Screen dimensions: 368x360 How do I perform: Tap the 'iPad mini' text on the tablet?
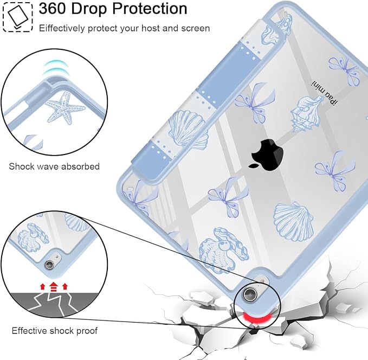(x=325, y=93)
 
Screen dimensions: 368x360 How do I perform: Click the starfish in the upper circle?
(x=64, y=107)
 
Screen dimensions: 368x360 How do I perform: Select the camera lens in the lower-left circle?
(x=49, y=265)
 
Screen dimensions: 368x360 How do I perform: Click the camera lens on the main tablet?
(x=250, y=294)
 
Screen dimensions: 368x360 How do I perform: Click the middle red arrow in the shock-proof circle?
(x=54, y=286)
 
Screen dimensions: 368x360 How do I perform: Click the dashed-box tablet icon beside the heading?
(x=17, y=16)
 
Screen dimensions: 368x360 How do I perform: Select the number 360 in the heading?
(x=53, y=9)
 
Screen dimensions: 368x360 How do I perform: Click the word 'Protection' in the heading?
(x=150, y=9)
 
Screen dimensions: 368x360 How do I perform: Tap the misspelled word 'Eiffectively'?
(x=62, y=28)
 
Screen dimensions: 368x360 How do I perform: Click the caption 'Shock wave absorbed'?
(x=54, y=166)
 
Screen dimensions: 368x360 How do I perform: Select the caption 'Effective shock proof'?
(x=54, y=331)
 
